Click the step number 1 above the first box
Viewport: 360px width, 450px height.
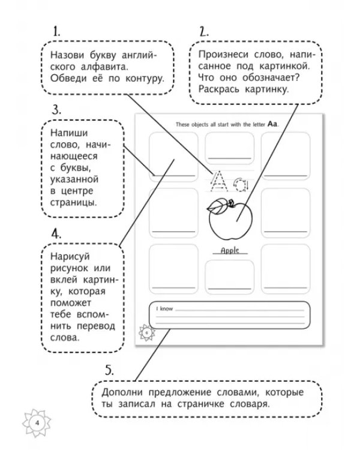point(56,31)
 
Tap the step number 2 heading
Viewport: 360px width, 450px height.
point(204,32)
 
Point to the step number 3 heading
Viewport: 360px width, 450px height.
point(56,110)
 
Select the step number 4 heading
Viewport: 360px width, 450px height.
point(56,234)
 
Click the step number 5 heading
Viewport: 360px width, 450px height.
point(109,370)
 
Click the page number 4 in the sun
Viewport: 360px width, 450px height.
point(37,423)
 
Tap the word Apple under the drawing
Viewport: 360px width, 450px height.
point(230,251)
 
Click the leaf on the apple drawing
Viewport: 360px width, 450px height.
point(217,206)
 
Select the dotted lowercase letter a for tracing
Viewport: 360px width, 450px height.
point(240,185)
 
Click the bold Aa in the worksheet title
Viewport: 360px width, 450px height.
point(272,124)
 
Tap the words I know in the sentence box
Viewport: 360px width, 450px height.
point(164,309)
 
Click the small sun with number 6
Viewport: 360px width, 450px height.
point(146,332)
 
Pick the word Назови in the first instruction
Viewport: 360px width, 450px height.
point(67,55)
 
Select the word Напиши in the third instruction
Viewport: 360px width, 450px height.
point(69,133)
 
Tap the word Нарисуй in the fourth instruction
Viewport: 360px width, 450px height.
point(70,256)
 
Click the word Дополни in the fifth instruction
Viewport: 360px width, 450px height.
point(122,392)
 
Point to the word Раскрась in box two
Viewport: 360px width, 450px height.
point(218,89)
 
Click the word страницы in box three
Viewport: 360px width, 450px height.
point(73,202)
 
